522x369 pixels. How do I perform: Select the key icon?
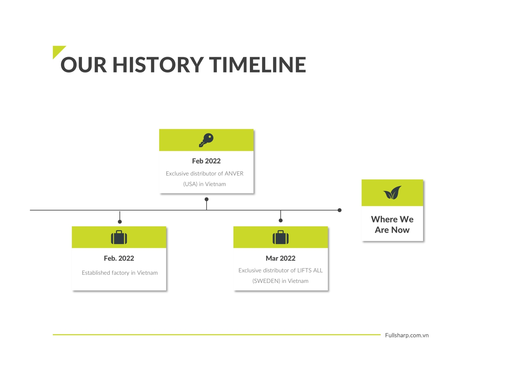tap(206, 140)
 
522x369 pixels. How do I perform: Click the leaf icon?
tap(392, 192)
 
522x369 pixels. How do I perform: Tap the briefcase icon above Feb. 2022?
tap(119, 237)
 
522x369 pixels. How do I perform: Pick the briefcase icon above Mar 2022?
tap(281, 237)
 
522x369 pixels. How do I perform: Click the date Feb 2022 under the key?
tap(206, 161)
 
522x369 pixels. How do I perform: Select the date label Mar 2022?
tap(281, 258)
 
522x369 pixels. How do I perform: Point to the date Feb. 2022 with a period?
tap(119, 258)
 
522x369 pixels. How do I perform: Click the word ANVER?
tap(234, 174)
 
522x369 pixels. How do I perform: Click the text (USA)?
tap(190, 184)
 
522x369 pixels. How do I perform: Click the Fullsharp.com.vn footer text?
tap(407, 335)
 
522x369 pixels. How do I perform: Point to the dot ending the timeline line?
tap(340, 210)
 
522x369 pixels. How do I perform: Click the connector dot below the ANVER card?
tap(207, 199)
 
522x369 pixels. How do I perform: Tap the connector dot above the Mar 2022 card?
tap(281, 221)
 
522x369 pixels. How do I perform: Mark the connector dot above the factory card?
tap(120, 222)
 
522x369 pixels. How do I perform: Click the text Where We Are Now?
tap(392, 224)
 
